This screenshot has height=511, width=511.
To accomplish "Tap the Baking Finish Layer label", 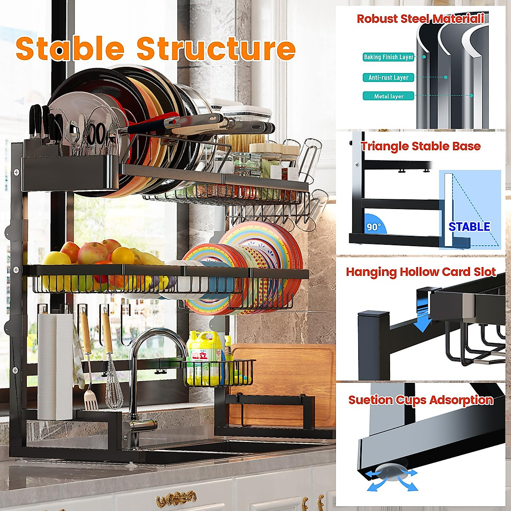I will pos(388,57).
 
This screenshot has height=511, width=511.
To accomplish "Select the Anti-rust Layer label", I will pos(388,78).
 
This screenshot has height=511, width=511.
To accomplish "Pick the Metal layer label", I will pos(388,96).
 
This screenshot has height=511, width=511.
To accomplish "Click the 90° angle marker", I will pos(374,227).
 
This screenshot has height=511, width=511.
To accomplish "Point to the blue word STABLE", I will pos(469,227).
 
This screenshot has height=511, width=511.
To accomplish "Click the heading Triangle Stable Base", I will pos(421,146).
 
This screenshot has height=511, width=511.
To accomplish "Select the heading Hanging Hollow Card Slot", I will pos(421,272).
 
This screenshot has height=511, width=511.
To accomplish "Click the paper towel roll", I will pos(55,366).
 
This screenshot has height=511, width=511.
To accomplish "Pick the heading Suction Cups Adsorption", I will pos(421,400).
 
